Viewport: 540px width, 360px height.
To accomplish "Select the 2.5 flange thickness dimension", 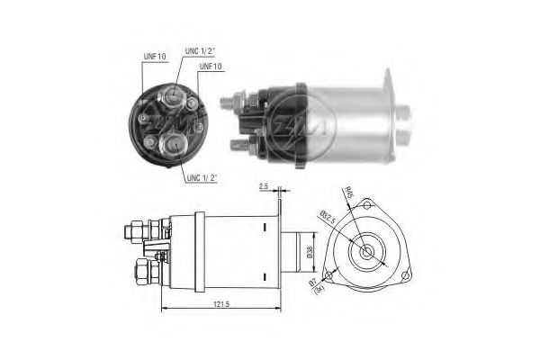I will point(263,187).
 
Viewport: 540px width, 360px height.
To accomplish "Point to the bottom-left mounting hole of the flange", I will point(329,274).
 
